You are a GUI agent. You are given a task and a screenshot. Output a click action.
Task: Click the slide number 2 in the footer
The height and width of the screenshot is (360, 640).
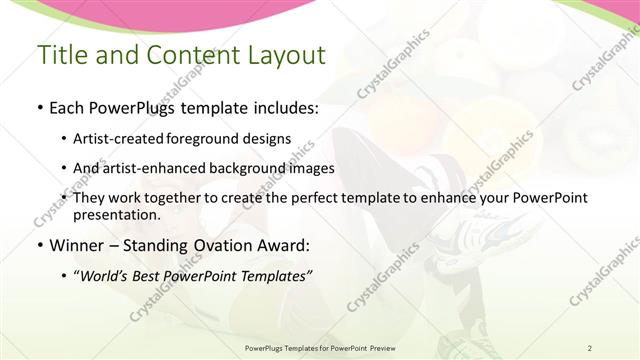pos(589,347)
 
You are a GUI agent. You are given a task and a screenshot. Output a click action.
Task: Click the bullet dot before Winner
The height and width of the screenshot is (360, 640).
pos(39,244)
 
